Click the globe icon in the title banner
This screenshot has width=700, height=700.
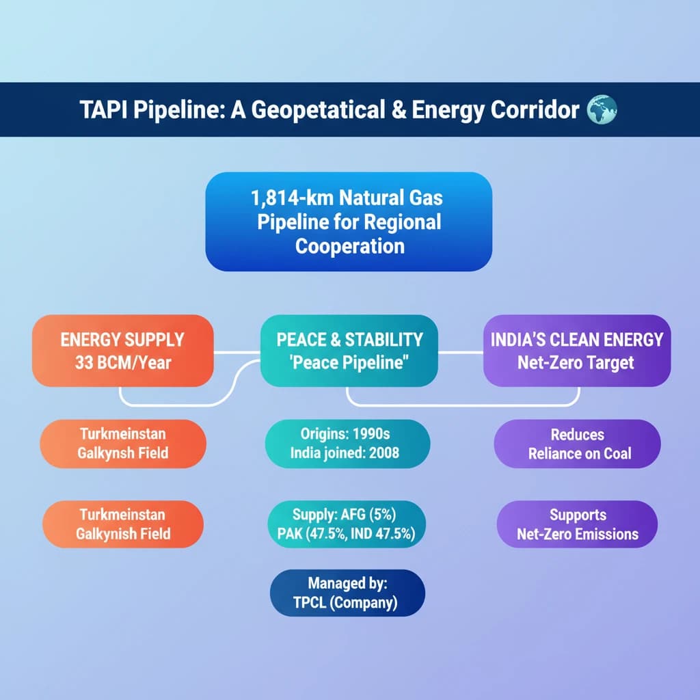[x=602, y=109]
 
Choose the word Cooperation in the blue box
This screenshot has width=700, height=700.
[x=349, y=245]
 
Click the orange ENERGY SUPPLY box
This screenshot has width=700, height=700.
[x=123, y=351]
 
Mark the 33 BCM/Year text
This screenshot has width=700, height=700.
[x=123, y=363]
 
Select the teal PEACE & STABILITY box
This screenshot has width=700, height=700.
[x=349, y=351]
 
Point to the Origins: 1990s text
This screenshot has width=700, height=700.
[x=348, y=434]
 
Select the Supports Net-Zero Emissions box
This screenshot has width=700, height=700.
[x=578, y=524]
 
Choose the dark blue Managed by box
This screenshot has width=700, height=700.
[x=348, y=593]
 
